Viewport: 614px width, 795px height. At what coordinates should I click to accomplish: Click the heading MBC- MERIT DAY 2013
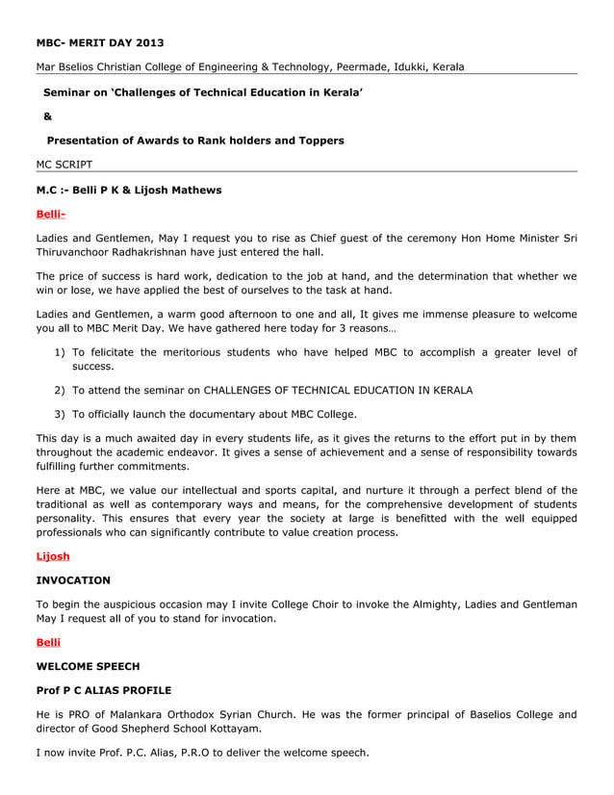pos(100,42)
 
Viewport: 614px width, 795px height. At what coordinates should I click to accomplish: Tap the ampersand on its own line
pos(48,116)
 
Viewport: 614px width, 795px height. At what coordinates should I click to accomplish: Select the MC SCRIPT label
pos(64,166)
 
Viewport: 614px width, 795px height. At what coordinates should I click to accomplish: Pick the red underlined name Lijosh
pos(53,556)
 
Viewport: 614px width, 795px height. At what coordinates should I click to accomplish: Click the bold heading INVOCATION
pos(73,580)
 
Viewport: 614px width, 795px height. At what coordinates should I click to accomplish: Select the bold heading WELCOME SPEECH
pos(88,666)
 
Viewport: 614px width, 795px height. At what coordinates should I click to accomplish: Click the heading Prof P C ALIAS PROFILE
pos(104,690)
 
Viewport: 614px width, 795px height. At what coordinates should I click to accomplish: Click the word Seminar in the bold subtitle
pos(68,92)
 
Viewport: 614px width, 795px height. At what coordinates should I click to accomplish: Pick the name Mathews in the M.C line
pos(197,190)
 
